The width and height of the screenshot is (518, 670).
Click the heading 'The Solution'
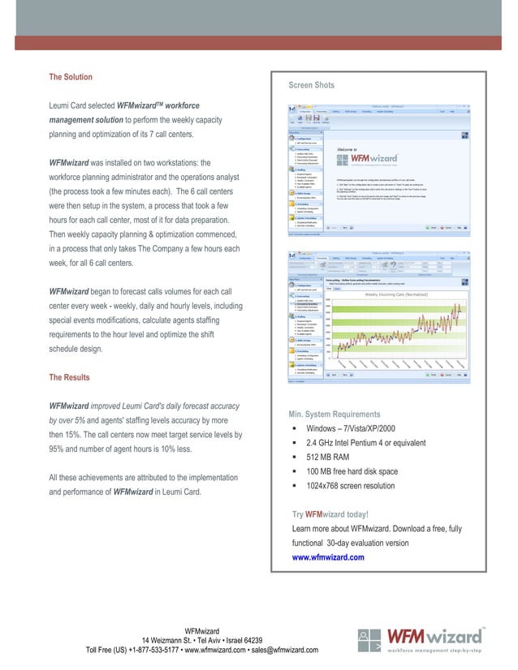click(71, 77)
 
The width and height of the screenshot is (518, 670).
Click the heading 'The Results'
click(70, 377)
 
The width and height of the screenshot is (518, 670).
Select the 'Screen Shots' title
click(311, 85)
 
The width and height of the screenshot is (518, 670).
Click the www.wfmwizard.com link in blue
click(328, 557)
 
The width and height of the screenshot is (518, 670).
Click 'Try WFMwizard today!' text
click(330, 514)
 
